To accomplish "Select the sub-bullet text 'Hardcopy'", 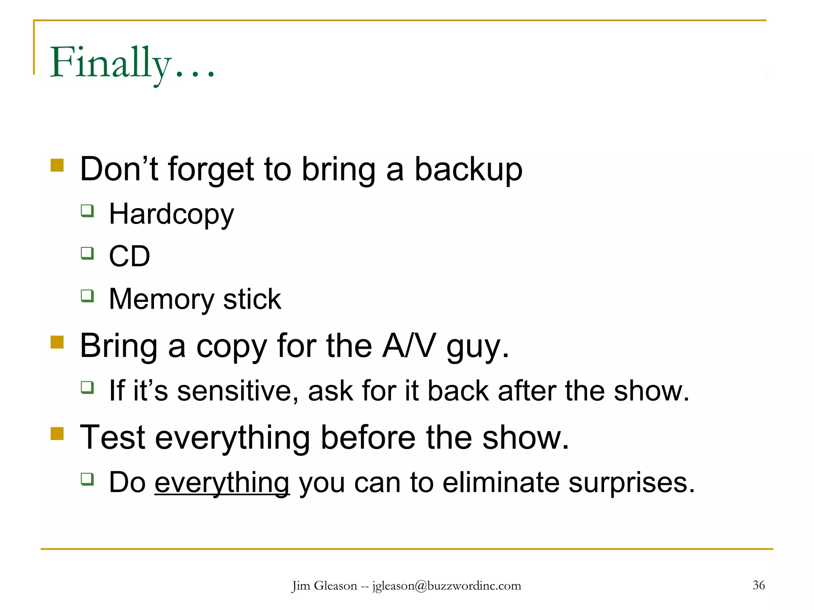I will click(171, 214).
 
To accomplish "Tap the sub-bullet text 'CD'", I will click(129, 257).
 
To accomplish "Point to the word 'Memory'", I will click(161, 299).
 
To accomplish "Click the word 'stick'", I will click(252, 299).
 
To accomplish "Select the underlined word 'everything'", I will click(222, 483).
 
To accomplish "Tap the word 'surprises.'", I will click(632, 483).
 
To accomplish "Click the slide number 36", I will click(758, 585).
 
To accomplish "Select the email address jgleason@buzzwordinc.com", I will click(446, 586).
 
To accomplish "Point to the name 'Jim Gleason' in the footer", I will click(324, 586).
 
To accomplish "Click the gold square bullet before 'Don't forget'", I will click(57, 165).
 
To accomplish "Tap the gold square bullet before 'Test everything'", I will click(57, 434).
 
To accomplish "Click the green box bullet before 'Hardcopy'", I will click(87, 210).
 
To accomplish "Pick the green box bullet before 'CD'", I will click(87, 253).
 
